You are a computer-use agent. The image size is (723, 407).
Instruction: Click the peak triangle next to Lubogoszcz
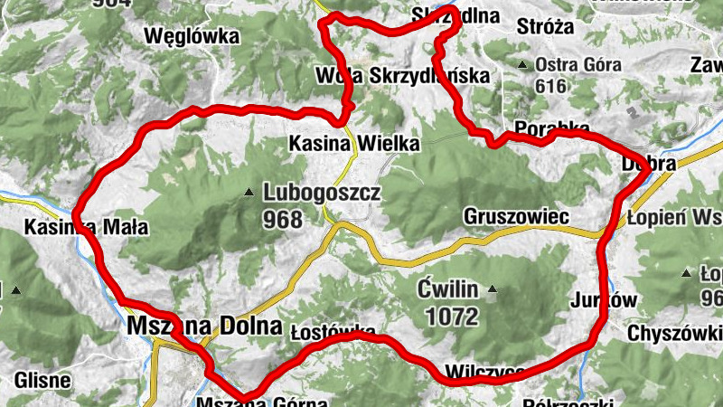249,193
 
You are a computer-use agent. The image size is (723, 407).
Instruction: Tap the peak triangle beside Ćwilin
493,290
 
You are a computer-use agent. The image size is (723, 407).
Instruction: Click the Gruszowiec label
515,217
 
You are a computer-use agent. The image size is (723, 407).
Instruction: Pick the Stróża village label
545,26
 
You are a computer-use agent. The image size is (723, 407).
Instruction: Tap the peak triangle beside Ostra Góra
522,65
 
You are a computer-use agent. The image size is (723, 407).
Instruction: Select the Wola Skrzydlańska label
403,75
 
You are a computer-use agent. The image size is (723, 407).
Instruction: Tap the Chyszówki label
674,332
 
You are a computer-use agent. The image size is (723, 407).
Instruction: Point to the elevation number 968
282,218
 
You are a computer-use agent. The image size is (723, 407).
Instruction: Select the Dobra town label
649,164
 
